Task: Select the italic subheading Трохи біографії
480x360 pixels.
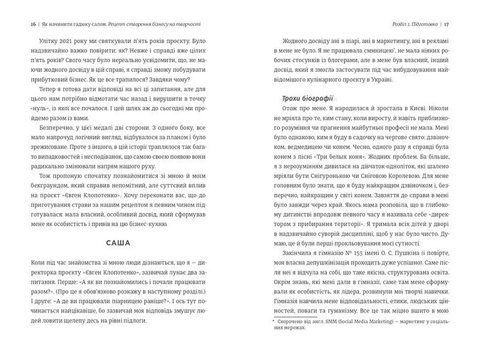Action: tap(307, 98)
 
